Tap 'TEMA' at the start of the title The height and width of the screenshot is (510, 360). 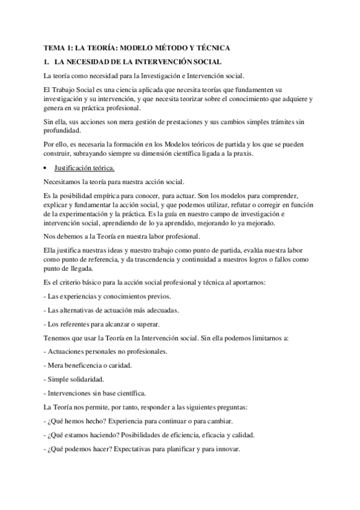55,47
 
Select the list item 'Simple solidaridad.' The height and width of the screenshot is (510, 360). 74,379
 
